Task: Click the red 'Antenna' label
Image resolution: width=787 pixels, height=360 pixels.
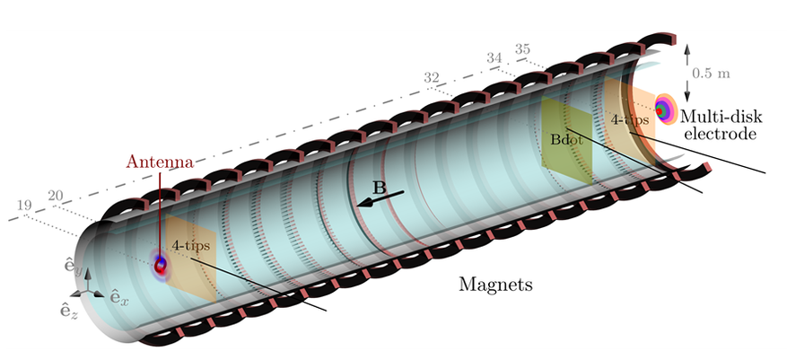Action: point(159,162)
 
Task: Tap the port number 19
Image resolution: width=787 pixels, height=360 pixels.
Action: point(24,206)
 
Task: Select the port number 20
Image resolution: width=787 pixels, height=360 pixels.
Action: point(54,195)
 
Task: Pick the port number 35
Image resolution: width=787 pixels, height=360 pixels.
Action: point(523,48)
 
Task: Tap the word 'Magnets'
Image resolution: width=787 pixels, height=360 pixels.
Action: point(495,286)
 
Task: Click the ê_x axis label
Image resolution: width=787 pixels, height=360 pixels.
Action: point(119,296)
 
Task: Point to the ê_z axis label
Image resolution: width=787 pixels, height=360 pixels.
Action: point(66,310)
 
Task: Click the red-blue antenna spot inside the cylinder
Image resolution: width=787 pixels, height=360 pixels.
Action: point(162,264)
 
